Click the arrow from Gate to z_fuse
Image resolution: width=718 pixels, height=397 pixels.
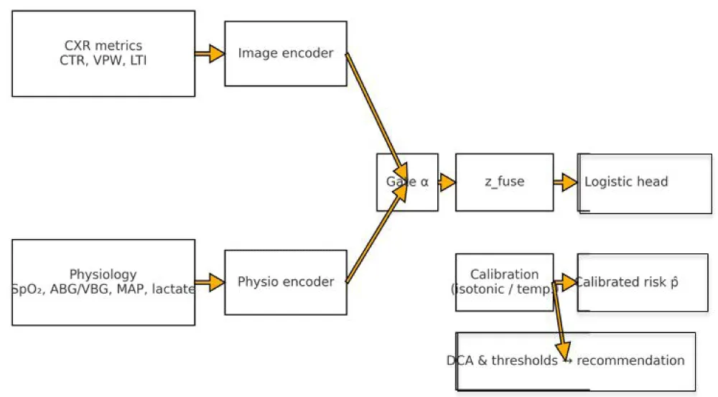point(447,182)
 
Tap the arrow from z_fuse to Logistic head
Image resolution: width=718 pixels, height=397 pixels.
point(566,182)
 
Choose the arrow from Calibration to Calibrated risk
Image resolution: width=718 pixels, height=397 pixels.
point(566,282)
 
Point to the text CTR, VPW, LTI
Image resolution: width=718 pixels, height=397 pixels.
point(103,61)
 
